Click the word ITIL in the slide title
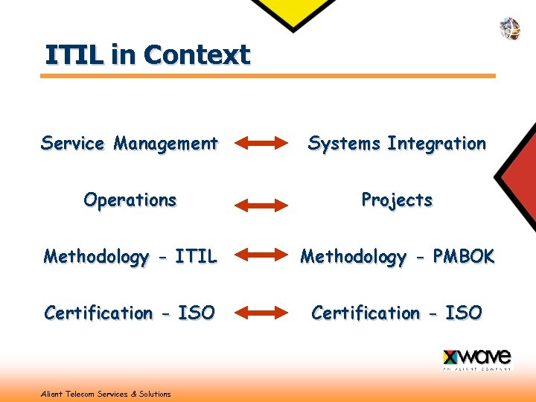(74, 55)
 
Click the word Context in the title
(197, 55)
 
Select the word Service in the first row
(73, 143)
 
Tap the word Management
(165, 143)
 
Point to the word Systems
(344, 143)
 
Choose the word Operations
(130, 200)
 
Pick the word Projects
(397, 200)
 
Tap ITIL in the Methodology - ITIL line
(196, 257)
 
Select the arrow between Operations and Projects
(261, 204)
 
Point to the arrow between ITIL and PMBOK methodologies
(261, 257)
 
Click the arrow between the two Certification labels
(261, 313)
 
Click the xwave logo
(476, 359)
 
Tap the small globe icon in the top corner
(509, 28)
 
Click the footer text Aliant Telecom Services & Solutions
(106, 394)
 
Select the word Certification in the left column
(97, 313)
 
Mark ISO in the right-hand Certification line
(463, 313)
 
